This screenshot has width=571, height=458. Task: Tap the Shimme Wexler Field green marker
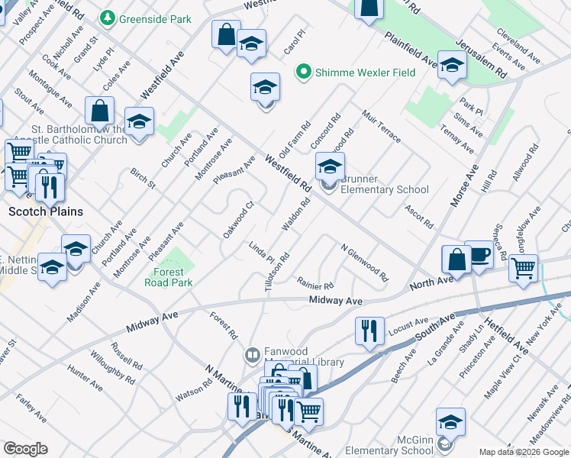click(x=304, y=73)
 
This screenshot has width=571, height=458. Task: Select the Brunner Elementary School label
click(x=384, y=184)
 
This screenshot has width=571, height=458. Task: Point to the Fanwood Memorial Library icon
click(x=252, y=355)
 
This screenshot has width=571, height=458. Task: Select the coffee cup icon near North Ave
click(x=479, y=256)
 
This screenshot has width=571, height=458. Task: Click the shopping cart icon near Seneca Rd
click(x=524, y=269)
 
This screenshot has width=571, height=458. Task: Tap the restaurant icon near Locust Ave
click(x=369, y=331)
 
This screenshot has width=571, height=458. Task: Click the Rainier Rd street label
click(x=315, y=283)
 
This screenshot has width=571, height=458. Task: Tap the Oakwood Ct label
click(x=237, y=220)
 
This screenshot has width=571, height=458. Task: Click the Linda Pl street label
click(x=262, y=253)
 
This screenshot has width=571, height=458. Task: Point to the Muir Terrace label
click(x=382, y=125)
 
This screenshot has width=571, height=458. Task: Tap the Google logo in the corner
click(x=25, y=449)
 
